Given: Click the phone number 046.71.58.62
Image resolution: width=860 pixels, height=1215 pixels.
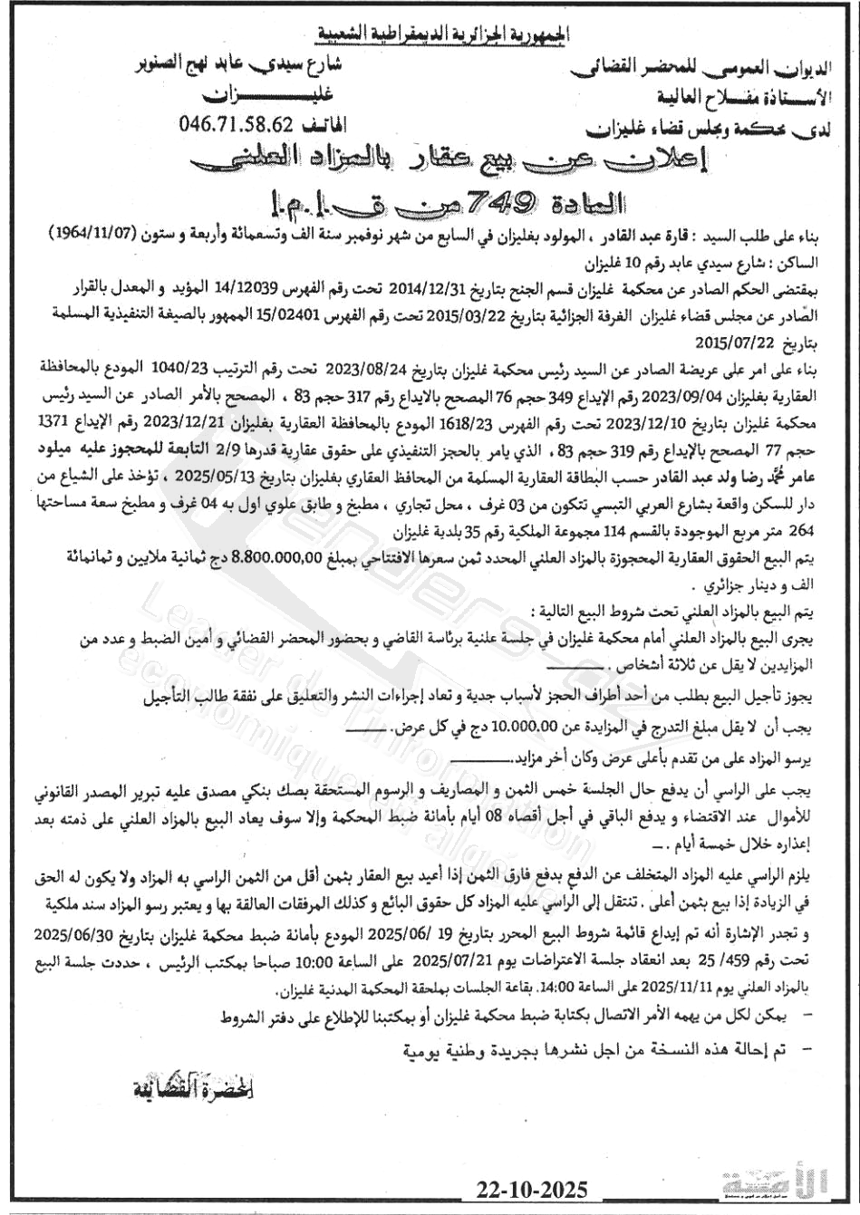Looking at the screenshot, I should (x=237, y=122).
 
